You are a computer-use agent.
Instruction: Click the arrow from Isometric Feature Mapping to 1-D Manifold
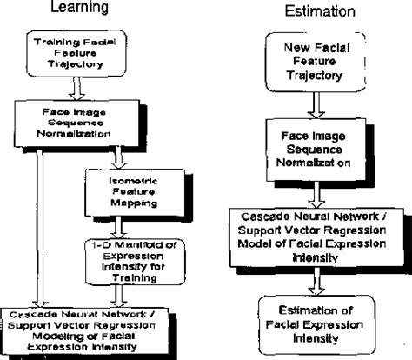coord(131,224)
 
